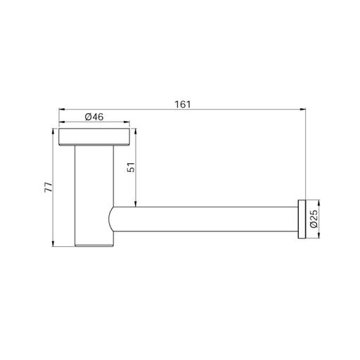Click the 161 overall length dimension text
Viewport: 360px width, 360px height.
(x=183, y=104)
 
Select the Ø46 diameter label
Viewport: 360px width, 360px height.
(x=94, y=117)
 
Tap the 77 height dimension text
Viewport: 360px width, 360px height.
(x=49, y=187)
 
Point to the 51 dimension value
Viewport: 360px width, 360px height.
(x=131, y=167)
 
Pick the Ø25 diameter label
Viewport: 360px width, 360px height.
(x=314, y=219)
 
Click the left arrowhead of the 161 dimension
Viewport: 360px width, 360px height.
(x=61, y=109)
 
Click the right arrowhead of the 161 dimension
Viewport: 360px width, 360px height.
(x=303, y=109)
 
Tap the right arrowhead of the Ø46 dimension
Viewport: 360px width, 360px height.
(x=127, y=122)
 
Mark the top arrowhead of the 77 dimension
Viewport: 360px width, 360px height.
(x=53, y=131)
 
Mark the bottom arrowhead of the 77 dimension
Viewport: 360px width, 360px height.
(x=53, y=244)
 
